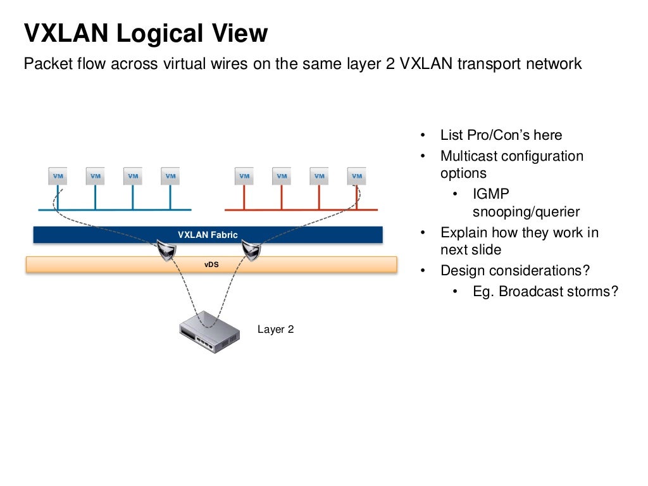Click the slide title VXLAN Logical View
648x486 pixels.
pos(146,34)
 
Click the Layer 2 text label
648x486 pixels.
pos(275,329)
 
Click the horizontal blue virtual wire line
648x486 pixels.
pos(114,209)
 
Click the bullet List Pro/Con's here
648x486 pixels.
pos(501,135)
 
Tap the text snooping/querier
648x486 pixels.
pos(526,212)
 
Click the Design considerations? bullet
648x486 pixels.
pos(515,271)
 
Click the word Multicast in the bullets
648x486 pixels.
pos(469,156)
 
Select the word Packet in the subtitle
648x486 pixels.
pos(43,64)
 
